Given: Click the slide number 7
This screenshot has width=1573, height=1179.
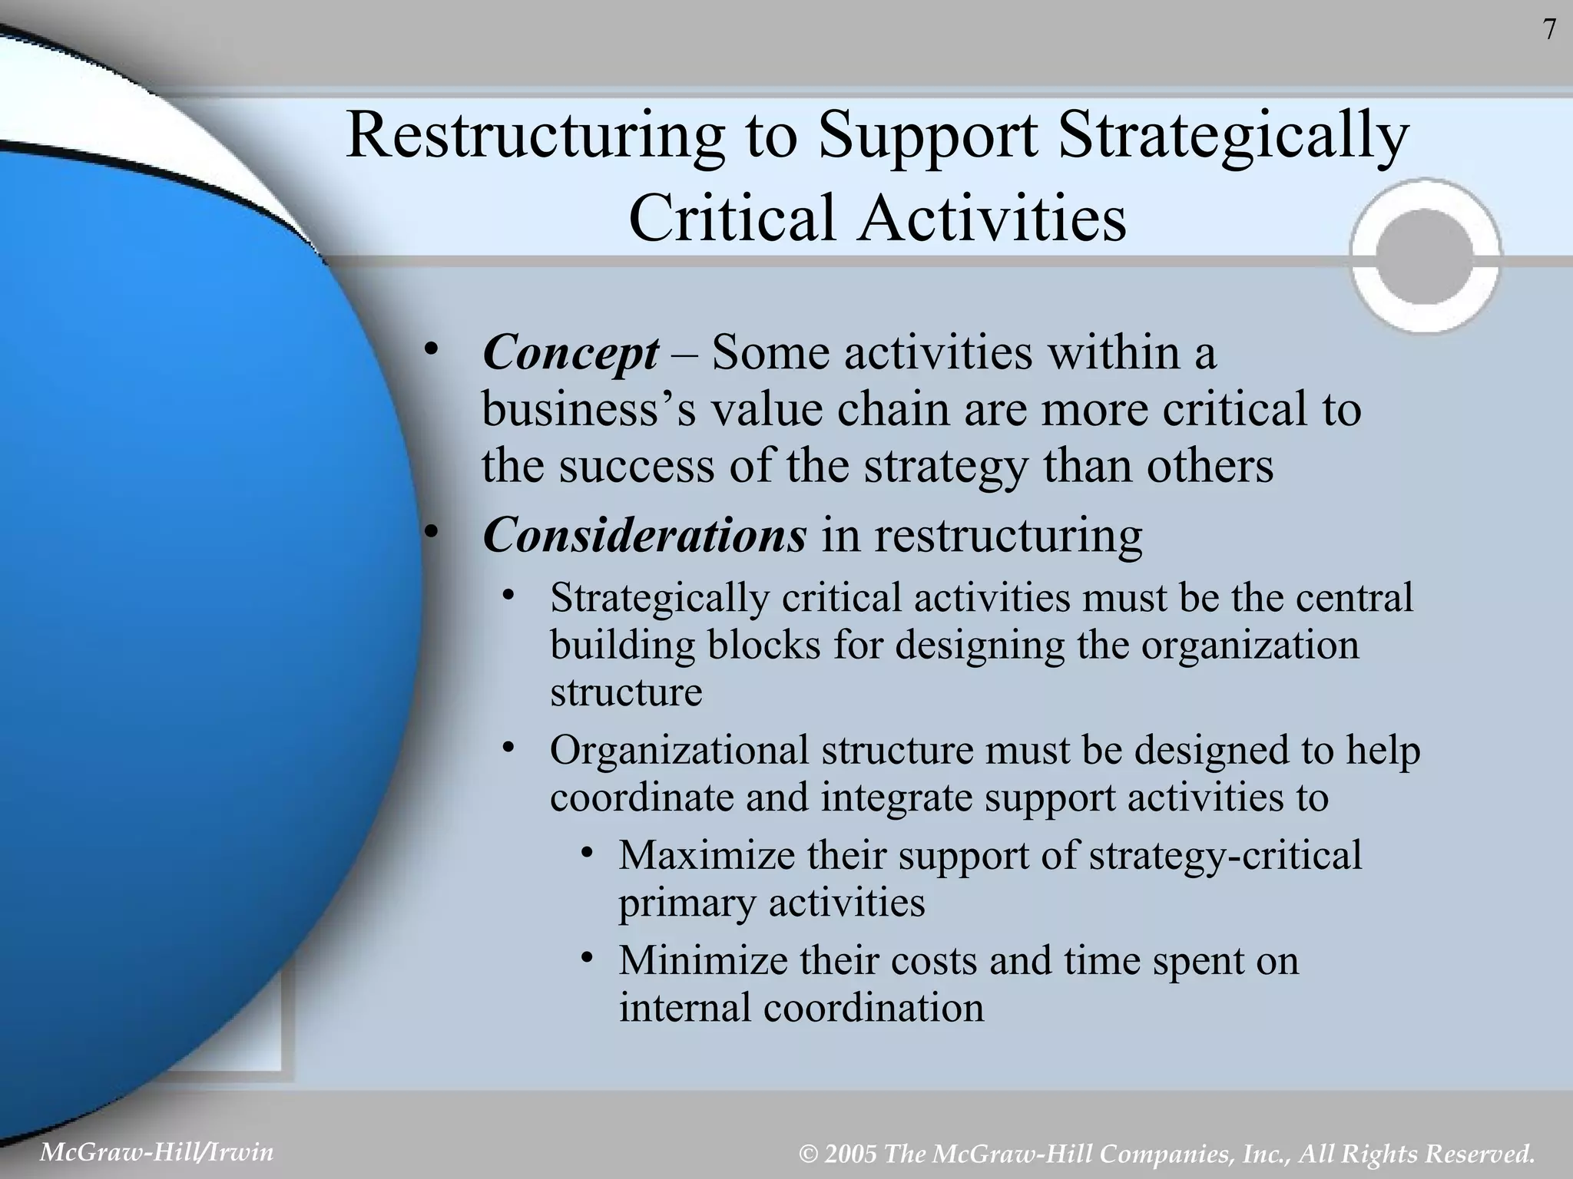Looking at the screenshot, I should click(1548, 30).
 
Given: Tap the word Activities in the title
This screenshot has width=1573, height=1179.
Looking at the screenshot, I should click(992, 218).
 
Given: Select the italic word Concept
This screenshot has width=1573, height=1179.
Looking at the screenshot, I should click(570, 354).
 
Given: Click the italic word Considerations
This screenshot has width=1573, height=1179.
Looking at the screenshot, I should click(644, 535).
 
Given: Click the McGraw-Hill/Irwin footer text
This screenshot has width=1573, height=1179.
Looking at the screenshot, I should click(156, 1152).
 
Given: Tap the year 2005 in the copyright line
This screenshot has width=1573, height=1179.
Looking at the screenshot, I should click(851, 1154).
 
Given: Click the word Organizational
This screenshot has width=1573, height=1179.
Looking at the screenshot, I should click(680, 750).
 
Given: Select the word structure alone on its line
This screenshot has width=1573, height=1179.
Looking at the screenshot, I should click(626, 692).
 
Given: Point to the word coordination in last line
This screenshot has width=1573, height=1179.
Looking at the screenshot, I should click(873, 1008).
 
